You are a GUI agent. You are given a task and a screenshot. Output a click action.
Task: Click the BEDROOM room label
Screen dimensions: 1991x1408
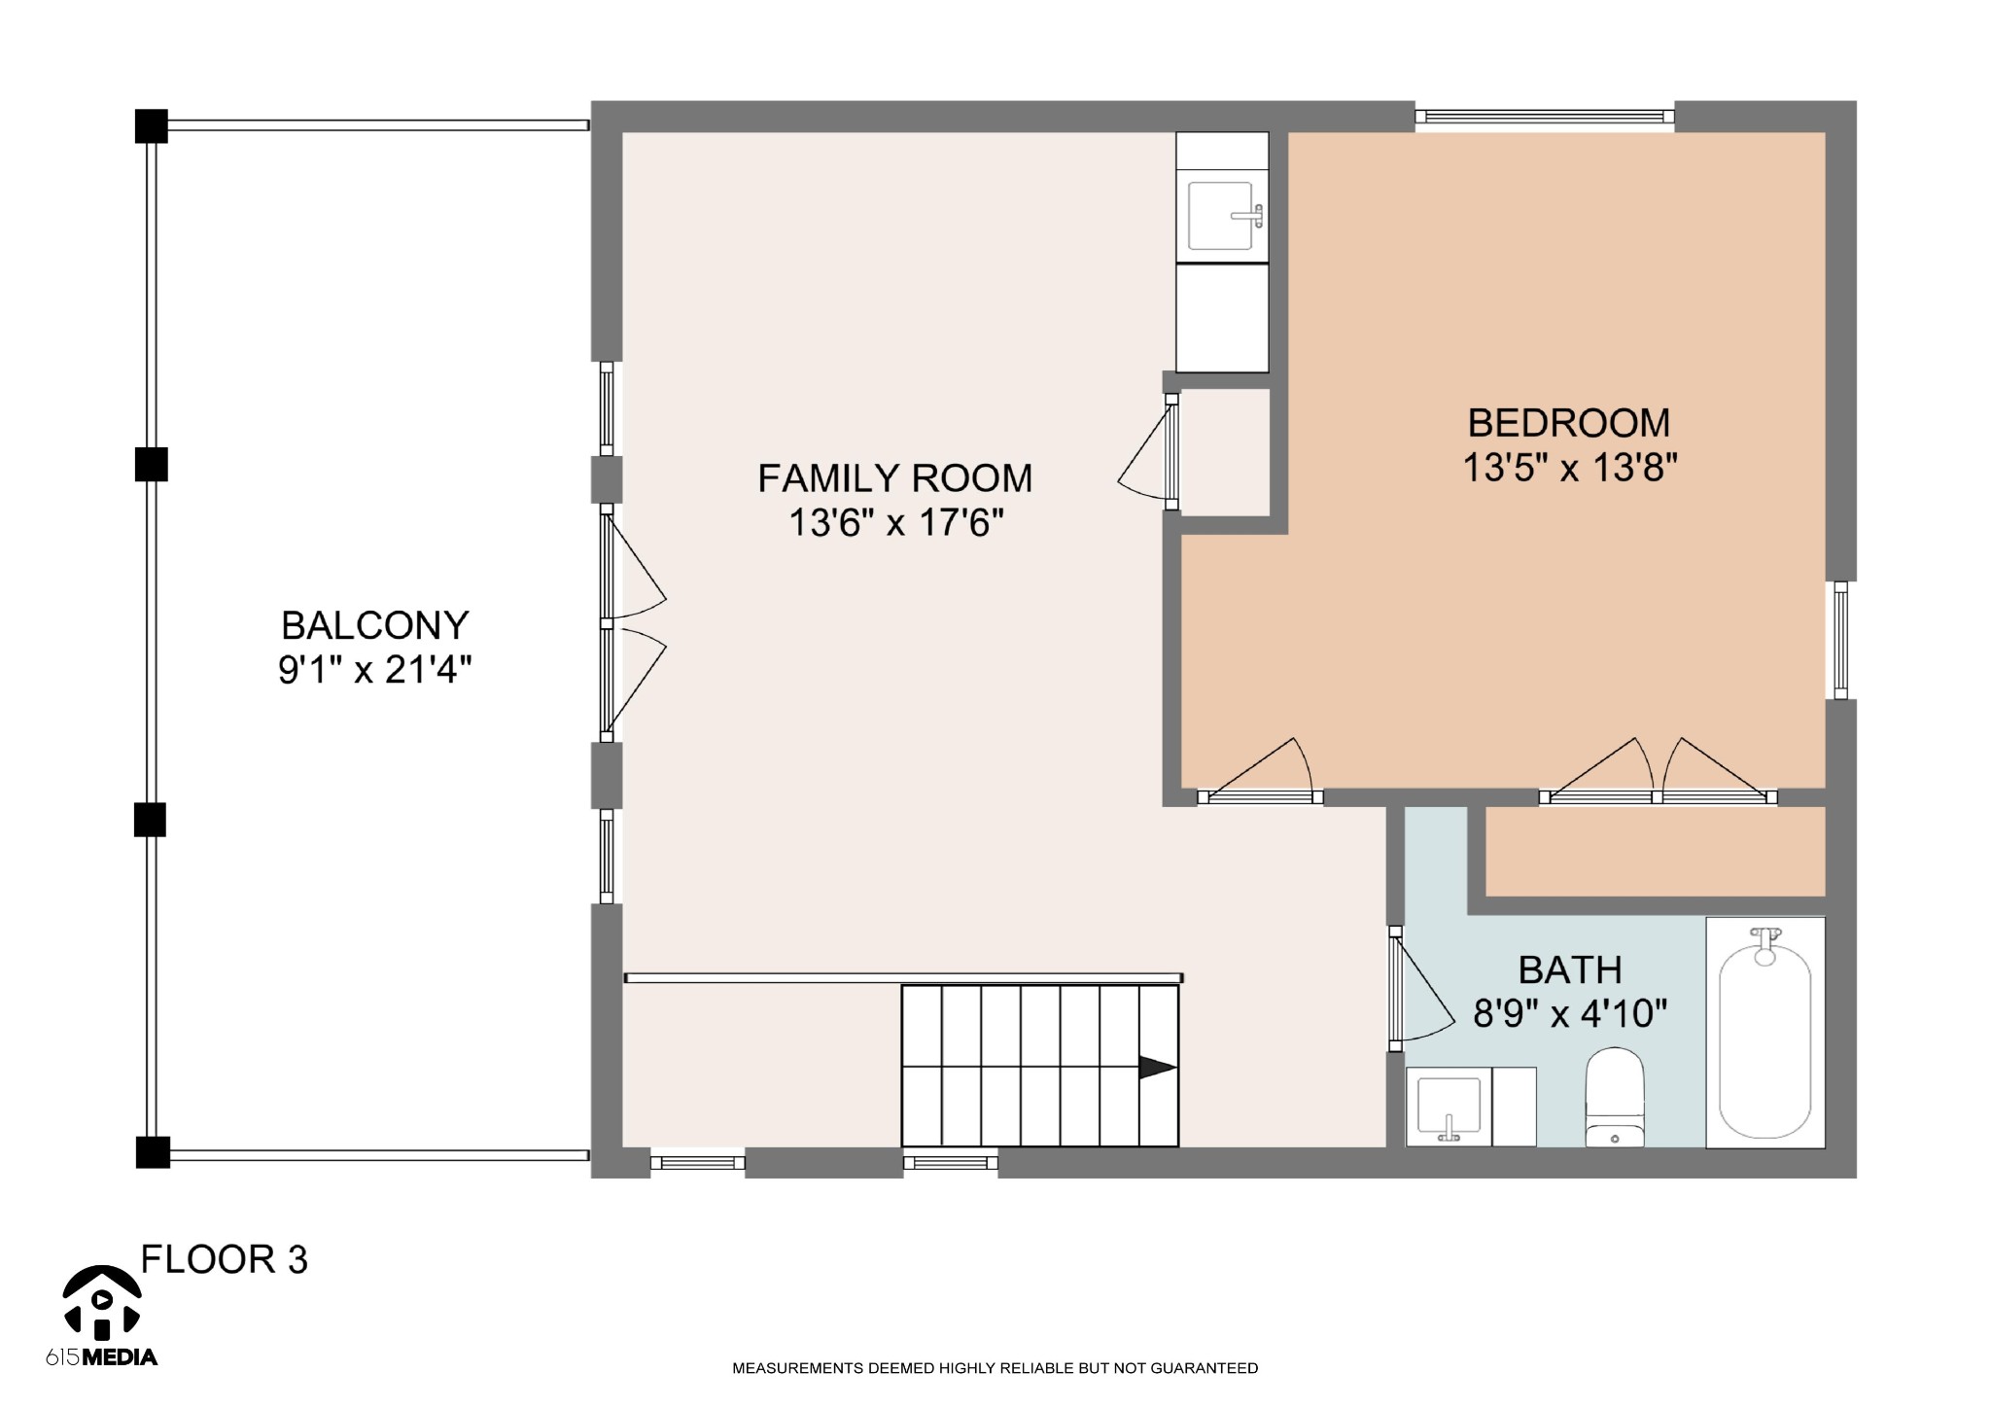tap(1569, 423)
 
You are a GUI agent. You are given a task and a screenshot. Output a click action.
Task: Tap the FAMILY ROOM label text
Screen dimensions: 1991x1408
tap(894, 478)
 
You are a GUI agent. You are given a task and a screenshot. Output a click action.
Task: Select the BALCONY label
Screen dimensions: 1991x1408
tap(375, 625)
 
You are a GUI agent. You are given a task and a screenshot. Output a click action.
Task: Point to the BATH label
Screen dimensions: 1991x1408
tap(1570, 969)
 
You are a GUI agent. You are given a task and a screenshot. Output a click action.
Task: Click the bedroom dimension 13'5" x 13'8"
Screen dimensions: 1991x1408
tap(1571, 469)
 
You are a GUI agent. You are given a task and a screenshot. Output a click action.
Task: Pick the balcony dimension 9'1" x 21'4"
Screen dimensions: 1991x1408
tap(375, 670)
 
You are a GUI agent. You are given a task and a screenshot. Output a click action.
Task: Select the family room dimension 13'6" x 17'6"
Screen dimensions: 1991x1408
tap(895, 523)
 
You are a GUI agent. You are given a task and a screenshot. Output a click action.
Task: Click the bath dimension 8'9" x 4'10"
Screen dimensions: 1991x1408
tap(1570, 1014)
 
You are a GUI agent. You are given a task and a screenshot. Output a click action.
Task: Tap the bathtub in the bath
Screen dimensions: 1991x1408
tap(1765, 1033)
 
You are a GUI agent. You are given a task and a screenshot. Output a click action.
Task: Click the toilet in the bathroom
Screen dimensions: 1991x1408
tap(1615, 1097)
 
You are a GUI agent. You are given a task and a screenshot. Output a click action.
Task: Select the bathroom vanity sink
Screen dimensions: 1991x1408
tap(1449, 1107)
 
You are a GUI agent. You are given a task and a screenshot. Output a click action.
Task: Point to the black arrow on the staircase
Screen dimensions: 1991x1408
tap(1158, 1068)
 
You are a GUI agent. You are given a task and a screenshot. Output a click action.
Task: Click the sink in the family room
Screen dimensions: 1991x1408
tap(1222, 216)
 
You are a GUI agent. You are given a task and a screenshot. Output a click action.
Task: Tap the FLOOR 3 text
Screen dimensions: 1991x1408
tap(225, 1259)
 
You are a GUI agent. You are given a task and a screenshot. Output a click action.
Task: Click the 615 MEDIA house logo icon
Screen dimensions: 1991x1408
tap(102, 1301)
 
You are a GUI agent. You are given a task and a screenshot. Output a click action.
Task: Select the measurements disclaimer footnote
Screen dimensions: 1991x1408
tap(995, 1368)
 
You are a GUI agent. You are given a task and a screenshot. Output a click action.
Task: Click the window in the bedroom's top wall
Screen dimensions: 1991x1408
tap(1544, 117)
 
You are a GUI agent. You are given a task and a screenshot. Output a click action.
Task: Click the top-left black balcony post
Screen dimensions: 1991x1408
tap(151, 126)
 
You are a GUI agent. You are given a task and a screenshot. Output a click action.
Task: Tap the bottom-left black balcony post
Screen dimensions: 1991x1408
tap(153, 1151)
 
